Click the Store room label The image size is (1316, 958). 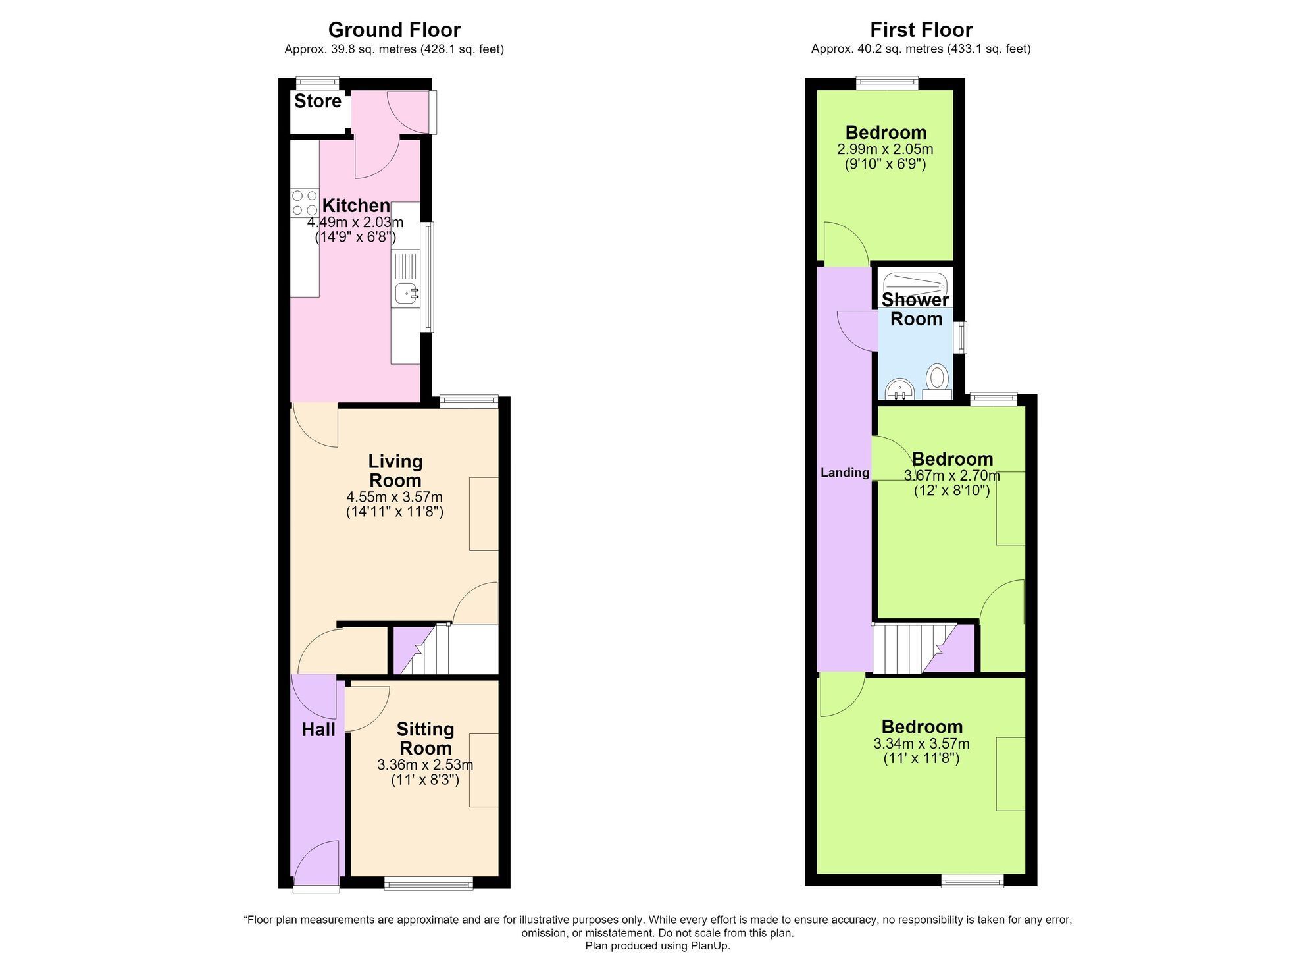click(318, 101)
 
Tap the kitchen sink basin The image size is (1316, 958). click(405, 293)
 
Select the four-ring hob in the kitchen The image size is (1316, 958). click(305, 203)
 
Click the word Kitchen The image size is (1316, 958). click(356, 205)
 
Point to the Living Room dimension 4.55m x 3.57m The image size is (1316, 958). click(395, 497)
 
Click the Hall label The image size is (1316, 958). click(318, 730)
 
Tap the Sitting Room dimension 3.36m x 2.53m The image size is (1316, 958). click(425, 765)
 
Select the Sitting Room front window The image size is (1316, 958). click(428, 883)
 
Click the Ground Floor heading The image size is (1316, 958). click(394, 30)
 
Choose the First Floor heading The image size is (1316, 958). click(921, 30)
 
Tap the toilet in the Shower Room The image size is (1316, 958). click(937, 382)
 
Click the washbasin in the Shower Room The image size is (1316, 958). click(899, 389)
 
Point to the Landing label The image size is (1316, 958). click(845, 473)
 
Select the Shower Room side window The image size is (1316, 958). click(962, 337)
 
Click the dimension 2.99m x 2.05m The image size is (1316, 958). click(885, 149)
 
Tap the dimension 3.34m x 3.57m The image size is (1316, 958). click(921, 744)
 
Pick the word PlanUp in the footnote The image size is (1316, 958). click(709, 946)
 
